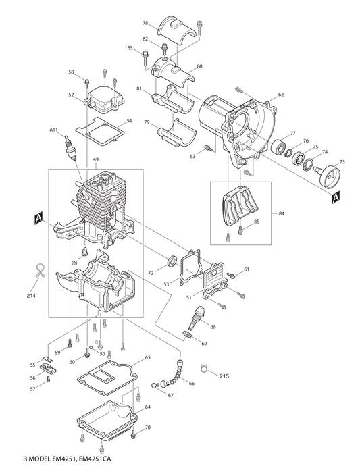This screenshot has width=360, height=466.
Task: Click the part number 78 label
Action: (x=145, y=24)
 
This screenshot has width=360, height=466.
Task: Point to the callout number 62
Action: (x=281, y=95)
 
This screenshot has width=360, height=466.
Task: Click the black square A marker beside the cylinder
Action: (x=38, y=217)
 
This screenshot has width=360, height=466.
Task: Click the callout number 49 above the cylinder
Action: (x=96, y=160)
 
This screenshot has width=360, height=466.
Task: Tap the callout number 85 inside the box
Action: (x=257, y=222)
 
